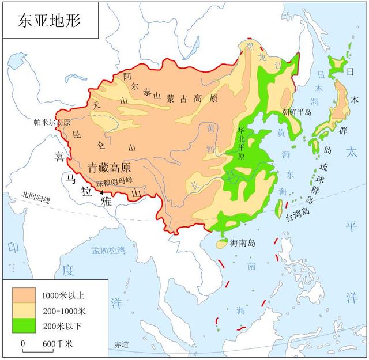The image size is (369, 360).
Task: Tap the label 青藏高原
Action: coord(109,168)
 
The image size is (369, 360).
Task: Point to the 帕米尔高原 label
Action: coord(52,123)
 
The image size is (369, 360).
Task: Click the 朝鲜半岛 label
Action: coord(296,112)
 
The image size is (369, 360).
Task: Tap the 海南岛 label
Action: coord(243,242)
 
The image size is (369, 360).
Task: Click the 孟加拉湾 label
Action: coord(108,251)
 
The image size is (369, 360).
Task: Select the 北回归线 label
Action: coord(35,200)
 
